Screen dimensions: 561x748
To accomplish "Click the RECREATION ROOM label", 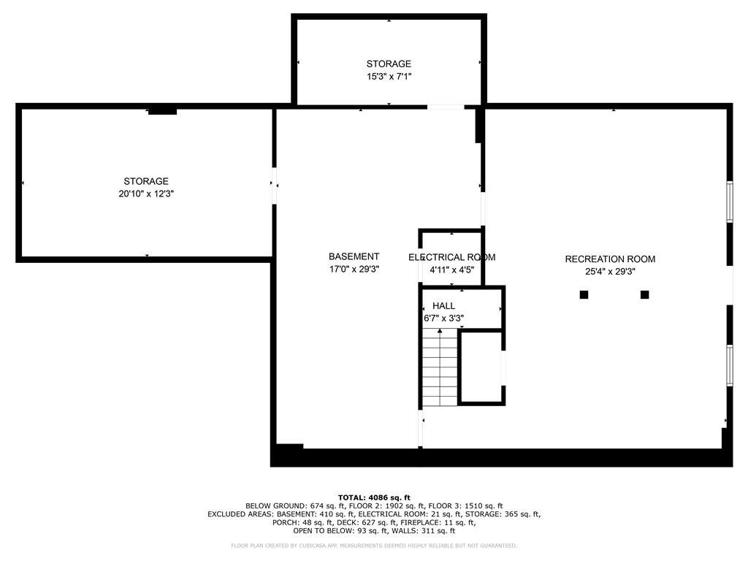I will pos(610,259).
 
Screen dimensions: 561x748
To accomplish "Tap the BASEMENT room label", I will pos(354,256).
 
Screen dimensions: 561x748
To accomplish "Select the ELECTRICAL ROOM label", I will pos(451,257).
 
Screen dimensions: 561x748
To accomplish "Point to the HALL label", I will pos(443,305).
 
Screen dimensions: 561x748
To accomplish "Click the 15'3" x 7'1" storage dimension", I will pos(389,76).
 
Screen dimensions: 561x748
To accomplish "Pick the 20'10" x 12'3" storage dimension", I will pos(146,194).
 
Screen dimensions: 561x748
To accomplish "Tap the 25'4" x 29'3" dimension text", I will pos(610,271).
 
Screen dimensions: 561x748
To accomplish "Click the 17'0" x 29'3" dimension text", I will pos(354,269).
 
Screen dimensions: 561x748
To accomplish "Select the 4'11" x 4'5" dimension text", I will pos(451,270).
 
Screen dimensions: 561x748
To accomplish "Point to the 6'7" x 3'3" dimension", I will pos(443,318).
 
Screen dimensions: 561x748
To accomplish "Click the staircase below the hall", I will pos(440,369).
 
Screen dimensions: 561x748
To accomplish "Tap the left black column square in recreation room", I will pos(584,294).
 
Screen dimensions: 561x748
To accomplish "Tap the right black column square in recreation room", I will pos(644,294).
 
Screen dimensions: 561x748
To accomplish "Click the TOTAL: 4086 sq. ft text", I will pos(374,497).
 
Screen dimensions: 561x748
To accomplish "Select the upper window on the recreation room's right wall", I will pos(729,200).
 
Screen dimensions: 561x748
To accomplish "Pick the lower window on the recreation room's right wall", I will pos(729,363).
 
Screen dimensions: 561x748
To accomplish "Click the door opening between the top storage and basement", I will pos(445,107).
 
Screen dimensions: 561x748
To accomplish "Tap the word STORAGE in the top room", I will pos(389,64).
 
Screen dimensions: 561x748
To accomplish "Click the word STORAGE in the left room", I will pos(146,181).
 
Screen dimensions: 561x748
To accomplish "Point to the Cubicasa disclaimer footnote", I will pos(374,546).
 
